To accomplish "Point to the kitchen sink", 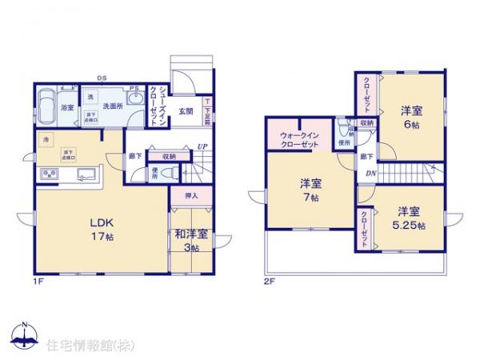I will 86,174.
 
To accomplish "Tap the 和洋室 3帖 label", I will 191,240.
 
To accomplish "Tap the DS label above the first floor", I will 102,78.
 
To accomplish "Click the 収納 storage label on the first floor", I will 168,156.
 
